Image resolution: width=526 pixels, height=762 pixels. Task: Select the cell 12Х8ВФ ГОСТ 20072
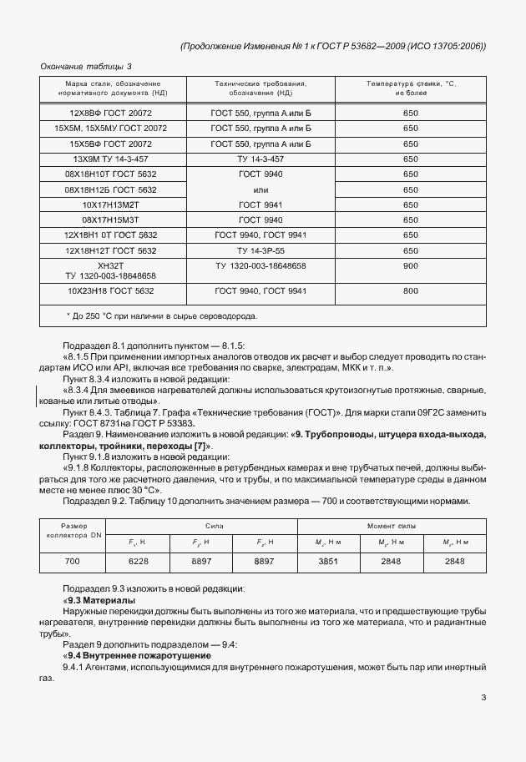tap(111, 113)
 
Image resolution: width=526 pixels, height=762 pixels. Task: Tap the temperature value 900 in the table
tap(410, 265)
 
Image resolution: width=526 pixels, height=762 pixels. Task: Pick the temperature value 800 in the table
tap(410, 290)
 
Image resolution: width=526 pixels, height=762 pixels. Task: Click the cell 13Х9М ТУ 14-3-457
tap(111, 159)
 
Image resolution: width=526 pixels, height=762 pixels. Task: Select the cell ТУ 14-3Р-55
tap(260, 250)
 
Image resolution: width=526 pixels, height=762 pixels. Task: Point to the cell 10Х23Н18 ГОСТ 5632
tap(111, 290)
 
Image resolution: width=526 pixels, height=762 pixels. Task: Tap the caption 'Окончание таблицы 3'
tap(86, 66)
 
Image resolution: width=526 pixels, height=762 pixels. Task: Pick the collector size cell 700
tap(73, 562)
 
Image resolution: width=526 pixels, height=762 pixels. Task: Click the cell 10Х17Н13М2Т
tap(111, 204)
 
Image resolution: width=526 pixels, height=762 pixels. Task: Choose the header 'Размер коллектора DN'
tap(73, 531)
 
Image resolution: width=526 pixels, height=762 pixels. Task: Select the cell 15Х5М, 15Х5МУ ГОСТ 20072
tap(111, 129)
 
